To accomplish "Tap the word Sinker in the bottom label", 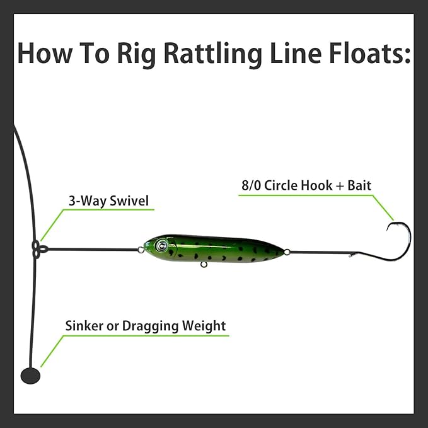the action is click(x=85, y=326).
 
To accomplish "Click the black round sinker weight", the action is click(x=30, y=376).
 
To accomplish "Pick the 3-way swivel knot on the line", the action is click(x=38, y=248).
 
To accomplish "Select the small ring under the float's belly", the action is click(x=204, y=264).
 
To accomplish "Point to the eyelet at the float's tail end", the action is click(x=287, y=252).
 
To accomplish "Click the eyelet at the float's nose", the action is click(x=140, y=250).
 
